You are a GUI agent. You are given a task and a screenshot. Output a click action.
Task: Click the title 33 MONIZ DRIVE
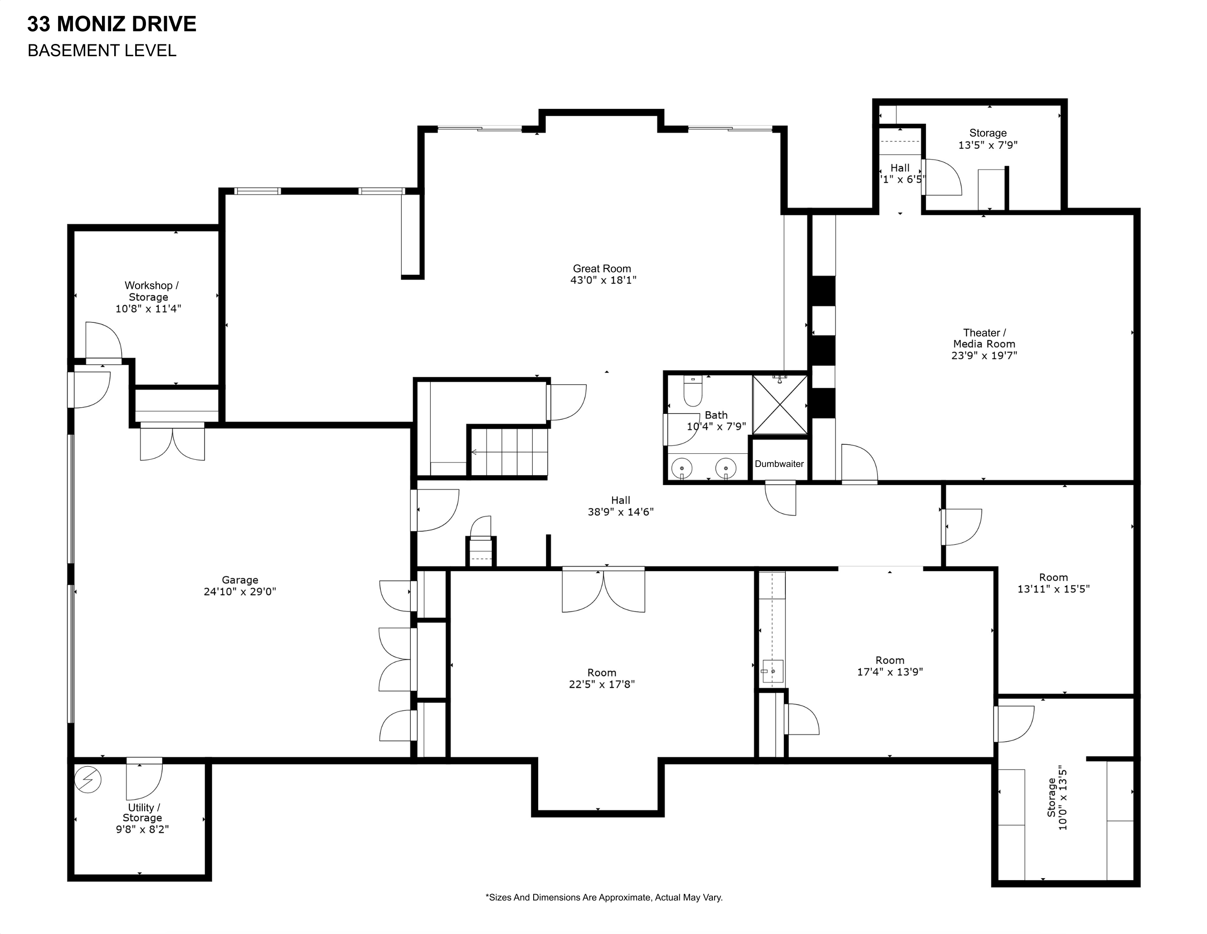tap(112, 24)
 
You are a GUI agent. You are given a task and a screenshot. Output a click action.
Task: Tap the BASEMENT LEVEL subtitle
tap(102, 50)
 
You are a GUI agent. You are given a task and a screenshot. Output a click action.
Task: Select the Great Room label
tap(602, 268)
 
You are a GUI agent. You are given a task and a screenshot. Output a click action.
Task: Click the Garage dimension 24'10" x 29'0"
tap(240, 591)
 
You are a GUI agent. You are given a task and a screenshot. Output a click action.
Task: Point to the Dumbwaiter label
tap(779, 464)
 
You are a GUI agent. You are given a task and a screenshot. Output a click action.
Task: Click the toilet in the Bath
tap(692, 391)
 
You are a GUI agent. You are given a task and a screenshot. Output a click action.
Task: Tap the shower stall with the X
tap(780, 405)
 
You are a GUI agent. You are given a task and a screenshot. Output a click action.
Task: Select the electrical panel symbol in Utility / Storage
tap(88, 779)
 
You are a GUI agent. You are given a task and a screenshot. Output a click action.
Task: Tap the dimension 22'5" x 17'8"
tap(602, 684)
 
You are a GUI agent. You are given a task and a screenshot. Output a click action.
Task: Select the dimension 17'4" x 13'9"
tap(890, 672)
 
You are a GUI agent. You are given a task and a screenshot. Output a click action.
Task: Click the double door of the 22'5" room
tap(603, 590)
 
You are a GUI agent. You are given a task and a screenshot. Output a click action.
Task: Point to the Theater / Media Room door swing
tap(859, 463)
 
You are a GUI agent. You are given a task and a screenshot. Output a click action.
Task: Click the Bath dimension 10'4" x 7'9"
tap(716, 427)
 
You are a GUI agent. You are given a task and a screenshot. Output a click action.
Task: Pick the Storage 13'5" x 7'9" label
tap(988, 139)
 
